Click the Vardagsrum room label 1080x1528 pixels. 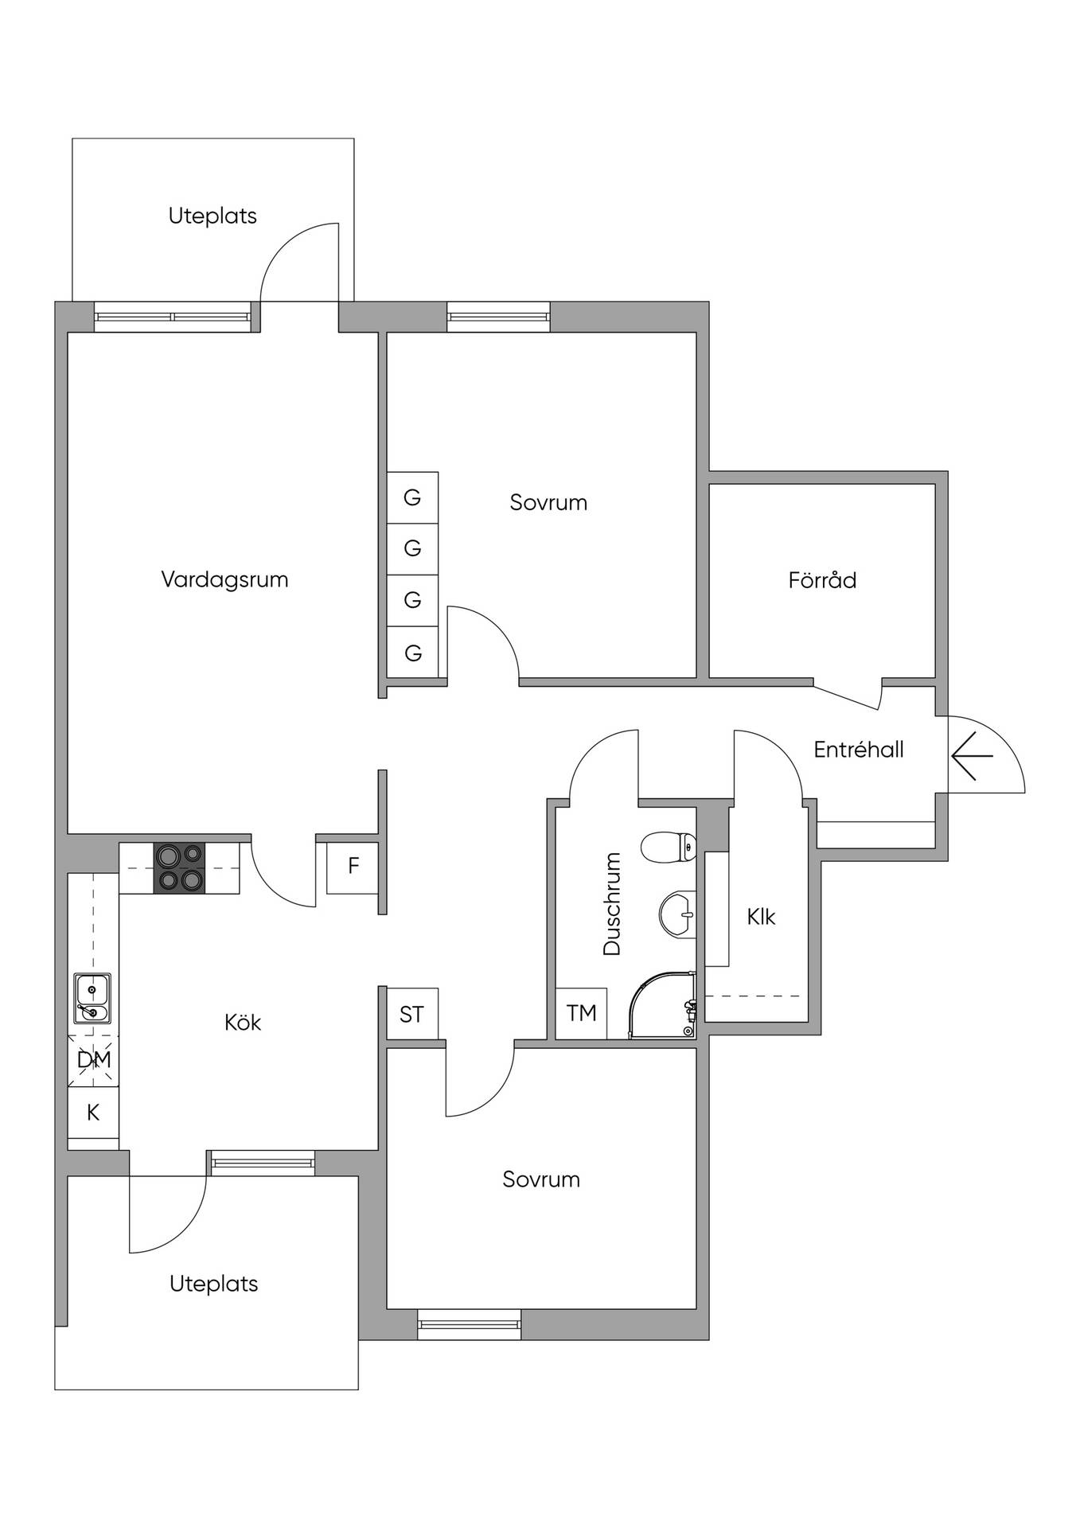[224, 580]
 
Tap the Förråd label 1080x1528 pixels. [822, 579]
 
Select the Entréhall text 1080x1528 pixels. [859, 750]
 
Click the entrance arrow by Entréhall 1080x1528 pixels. [972, 755]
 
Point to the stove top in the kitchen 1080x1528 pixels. [179, 867]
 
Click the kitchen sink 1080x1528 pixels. [92, 999]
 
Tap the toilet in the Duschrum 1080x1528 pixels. [669, 848]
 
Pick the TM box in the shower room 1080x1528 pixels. [581, 1013]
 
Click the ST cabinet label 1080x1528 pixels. [411, 1014]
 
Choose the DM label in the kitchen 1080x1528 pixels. [94, 1060]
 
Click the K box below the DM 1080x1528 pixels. [93, 1113]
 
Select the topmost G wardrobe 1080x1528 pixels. [412, 497]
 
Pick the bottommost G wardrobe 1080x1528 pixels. [412, 653]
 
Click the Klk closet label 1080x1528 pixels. [761, 918]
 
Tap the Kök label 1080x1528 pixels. [243, 1023]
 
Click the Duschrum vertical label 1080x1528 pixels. [612, 903]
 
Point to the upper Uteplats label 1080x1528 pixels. [212, 216]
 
